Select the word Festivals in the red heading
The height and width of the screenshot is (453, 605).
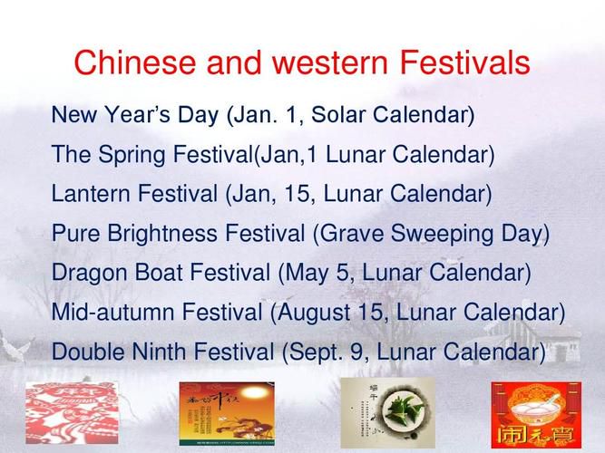(x=465, y=63)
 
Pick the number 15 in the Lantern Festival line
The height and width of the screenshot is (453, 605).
(x=298, y=193)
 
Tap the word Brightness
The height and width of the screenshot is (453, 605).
(x=162, y=233)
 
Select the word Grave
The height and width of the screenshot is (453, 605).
(x=352, y=233)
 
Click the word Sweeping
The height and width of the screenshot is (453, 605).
(x=442, y=234)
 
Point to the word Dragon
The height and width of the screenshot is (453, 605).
(x=90, y=273)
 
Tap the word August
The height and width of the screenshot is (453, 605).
(x=313, y=313)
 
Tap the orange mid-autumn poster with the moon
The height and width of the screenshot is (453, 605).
(x=227, y=413)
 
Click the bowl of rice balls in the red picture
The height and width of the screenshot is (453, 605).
(x=537, y=410)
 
